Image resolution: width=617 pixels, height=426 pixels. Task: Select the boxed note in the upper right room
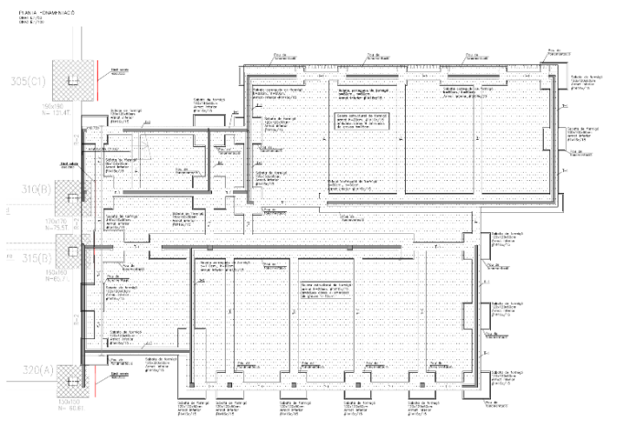pyautogui.click(x=360, y=123)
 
